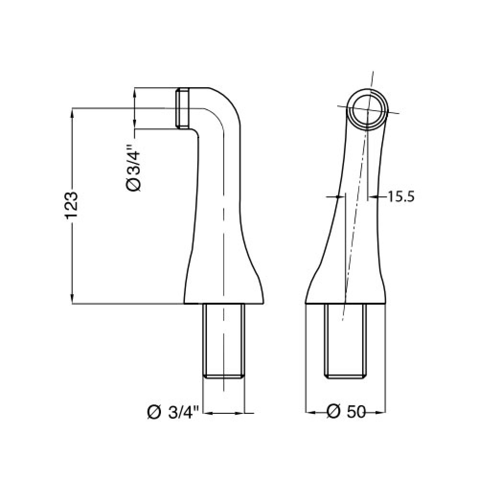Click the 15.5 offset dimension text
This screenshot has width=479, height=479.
pos(400,196)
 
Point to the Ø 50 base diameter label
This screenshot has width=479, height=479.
pos(346,412)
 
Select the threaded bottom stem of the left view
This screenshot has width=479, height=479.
pos(224,341)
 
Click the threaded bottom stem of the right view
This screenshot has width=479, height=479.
pos(345,341)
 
